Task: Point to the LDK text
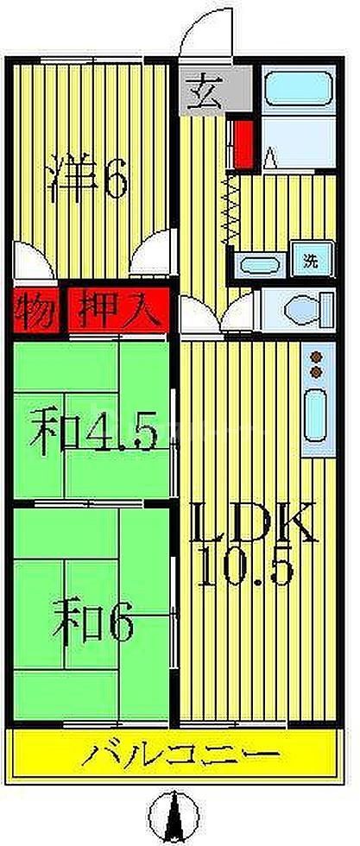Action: [x=250, y=522]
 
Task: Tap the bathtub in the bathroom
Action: [x=293, y=89]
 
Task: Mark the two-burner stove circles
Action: [x=316, y=363]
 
